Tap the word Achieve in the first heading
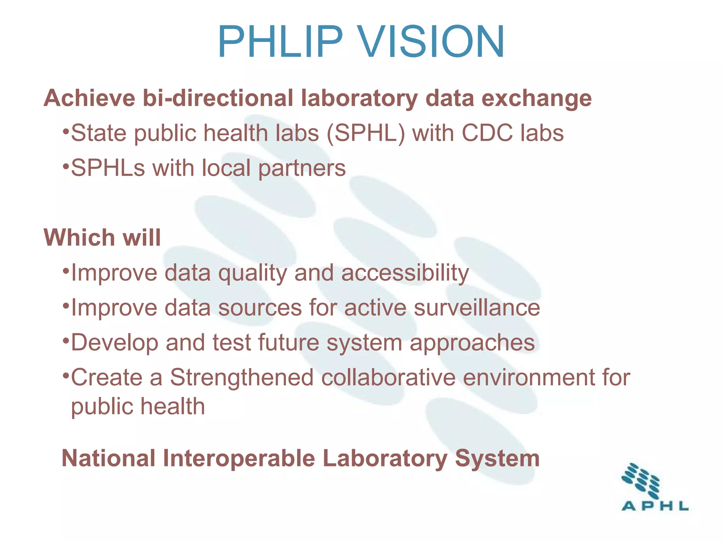89,98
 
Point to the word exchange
537,98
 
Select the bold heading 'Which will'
102,237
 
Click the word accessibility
405,273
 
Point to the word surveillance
477,308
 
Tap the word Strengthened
242,378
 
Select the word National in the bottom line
108,458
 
